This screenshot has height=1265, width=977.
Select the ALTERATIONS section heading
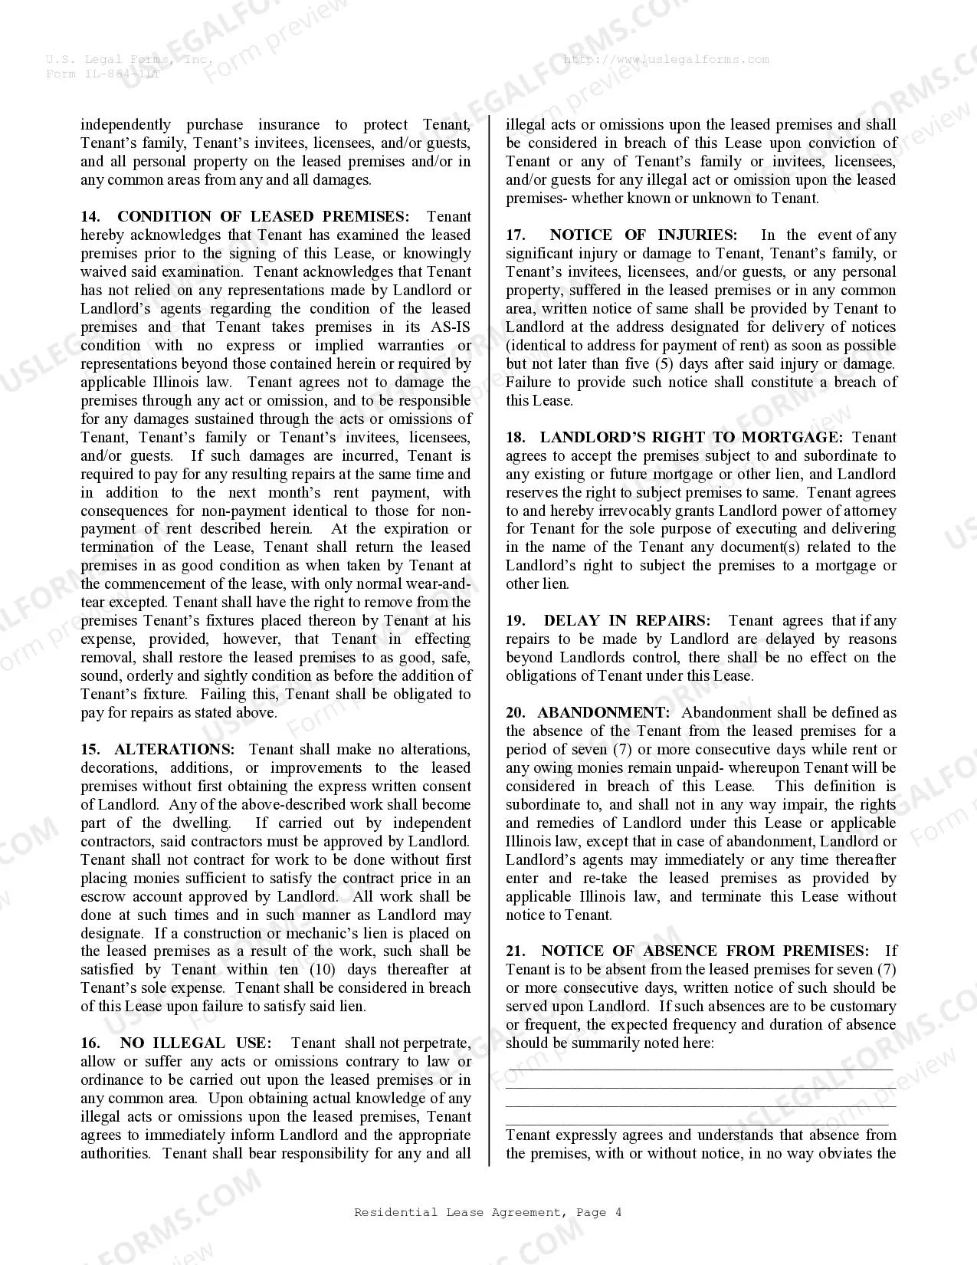[x=174, y=750]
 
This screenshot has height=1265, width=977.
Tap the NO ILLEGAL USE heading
[x=195, y=1043]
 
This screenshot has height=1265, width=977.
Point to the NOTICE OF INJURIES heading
[x=643, y=235]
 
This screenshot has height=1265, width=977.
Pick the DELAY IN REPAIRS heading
[x=627, y=621]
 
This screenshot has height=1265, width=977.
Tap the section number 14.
[x=90, y=217]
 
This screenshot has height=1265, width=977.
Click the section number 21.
[x=516, y=951]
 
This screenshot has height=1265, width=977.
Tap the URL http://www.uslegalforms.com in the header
[x=666, y=60]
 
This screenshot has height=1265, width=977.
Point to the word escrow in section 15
[x=103, y=897]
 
